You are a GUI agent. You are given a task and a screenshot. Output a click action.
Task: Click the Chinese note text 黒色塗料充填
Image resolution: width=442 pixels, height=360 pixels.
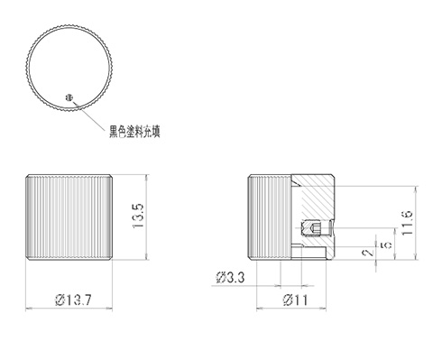(x=140, y=132)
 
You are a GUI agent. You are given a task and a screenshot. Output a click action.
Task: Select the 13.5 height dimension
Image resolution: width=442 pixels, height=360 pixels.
(x=138, y=217)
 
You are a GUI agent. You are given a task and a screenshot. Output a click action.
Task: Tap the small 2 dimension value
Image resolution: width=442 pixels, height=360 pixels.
(x=366, y=254)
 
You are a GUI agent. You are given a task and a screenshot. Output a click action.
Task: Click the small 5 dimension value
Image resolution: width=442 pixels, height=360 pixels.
(x=386, y=245)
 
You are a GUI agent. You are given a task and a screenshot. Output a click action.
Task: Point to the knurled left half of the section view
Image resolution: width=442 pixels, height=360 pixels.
(x=269, y=217)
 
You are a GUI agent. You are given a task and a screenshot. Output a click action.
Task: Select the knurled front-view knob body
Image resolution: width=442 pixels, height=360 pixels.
(x=70, y=217)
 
